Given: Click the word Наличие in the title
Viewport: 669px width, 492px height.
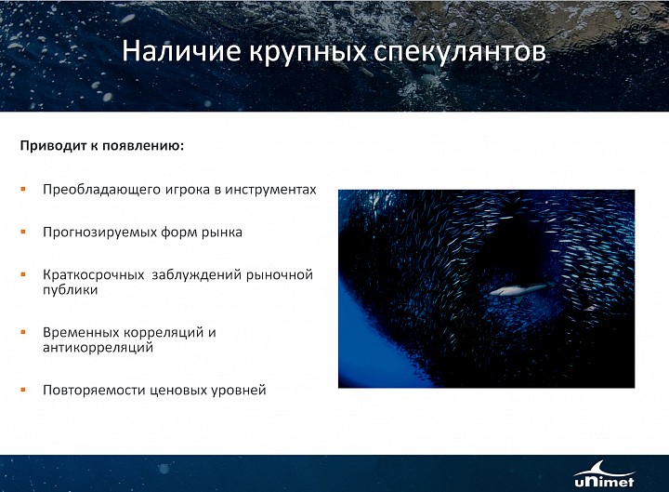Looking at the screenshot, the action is coord(182,50).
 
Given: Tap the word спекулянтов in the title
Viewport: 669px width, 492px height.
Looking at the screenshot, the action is coord(460,52).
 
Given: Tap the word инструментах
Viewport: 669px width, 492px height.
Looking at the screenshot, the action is coord(270,190).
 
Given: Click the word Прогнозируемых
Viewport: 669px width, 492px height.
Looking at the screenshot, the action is coord(99,233).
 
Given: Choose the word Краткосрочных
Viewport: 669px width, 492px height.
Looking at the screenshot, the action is coord(94,274).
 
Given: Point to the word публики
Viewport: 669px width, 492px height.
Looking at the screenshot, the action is coord(71,290).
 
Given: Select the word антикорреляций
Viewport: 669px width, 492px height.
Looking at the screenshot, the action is coord(98,347).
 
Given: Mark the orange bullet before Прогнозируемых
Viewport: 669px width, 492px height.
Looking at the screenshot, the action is coord(23,232).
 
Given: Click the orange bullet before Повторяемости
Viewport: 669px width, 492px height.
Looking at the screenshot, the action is coord(23,390).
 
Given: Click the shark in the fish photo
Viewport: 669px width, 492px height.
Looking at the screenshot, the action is coord(520,290).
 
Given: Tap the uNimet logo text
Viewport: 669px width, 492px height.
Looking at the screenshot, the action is coord(604,482).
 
